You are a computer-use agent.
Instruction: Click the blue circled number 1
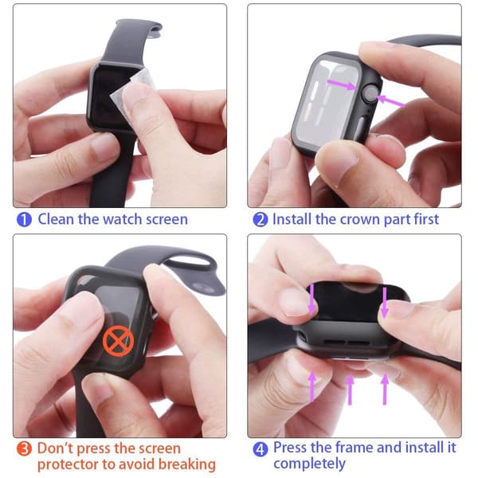click(24, 220)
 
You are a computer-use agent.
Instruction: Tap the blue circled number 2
click(261, 220)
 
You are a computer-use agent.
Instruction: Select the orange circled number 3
click(24, 449)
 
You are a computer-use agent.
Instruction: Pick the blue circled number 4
click(261, 449)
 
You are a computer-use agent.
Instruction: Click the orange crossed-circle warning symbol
click(118, 340)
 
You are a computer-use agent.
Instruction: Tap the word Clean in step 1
click(56, 219)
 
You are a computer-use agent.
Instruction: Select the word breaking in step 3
click(187, 465)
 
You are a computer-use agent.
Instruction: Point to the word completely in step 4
click(309, 464)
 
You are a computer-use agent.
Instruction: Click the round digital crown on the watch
click(369, 95)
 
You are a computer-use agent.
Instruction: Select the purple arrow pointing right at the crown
click(342, 84)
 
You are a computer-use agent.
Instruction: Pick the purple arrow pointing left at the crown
click(390, 101)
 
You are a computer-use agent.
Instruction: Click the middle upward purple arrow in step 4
click(351, 390)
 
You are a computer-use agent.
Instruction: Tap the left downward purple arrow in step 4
click(311, 300)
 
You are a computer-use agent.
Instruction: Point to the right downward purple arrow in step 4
click(385, 303)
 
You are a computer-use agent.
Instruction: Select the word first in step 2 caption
click(426, 219)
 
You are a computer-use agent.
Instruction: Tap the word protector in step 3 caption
click(69, 465)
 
